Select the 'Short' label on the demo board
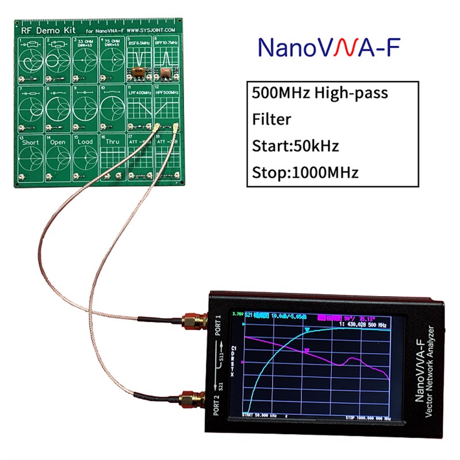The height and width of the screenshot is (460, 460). (30, 141)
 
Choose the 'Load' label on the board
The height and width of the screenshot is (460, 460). (85, 141)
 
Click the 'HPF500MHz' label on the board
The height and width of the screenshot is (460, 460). (167, 92)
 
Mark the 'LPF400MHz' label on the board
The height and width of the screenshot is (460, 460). (139, 92)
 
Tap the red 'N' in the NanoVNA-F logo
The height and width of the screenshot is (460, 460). (340, 48)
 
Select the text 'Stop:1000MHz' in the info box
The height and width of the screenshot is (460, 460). (305, 172)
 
